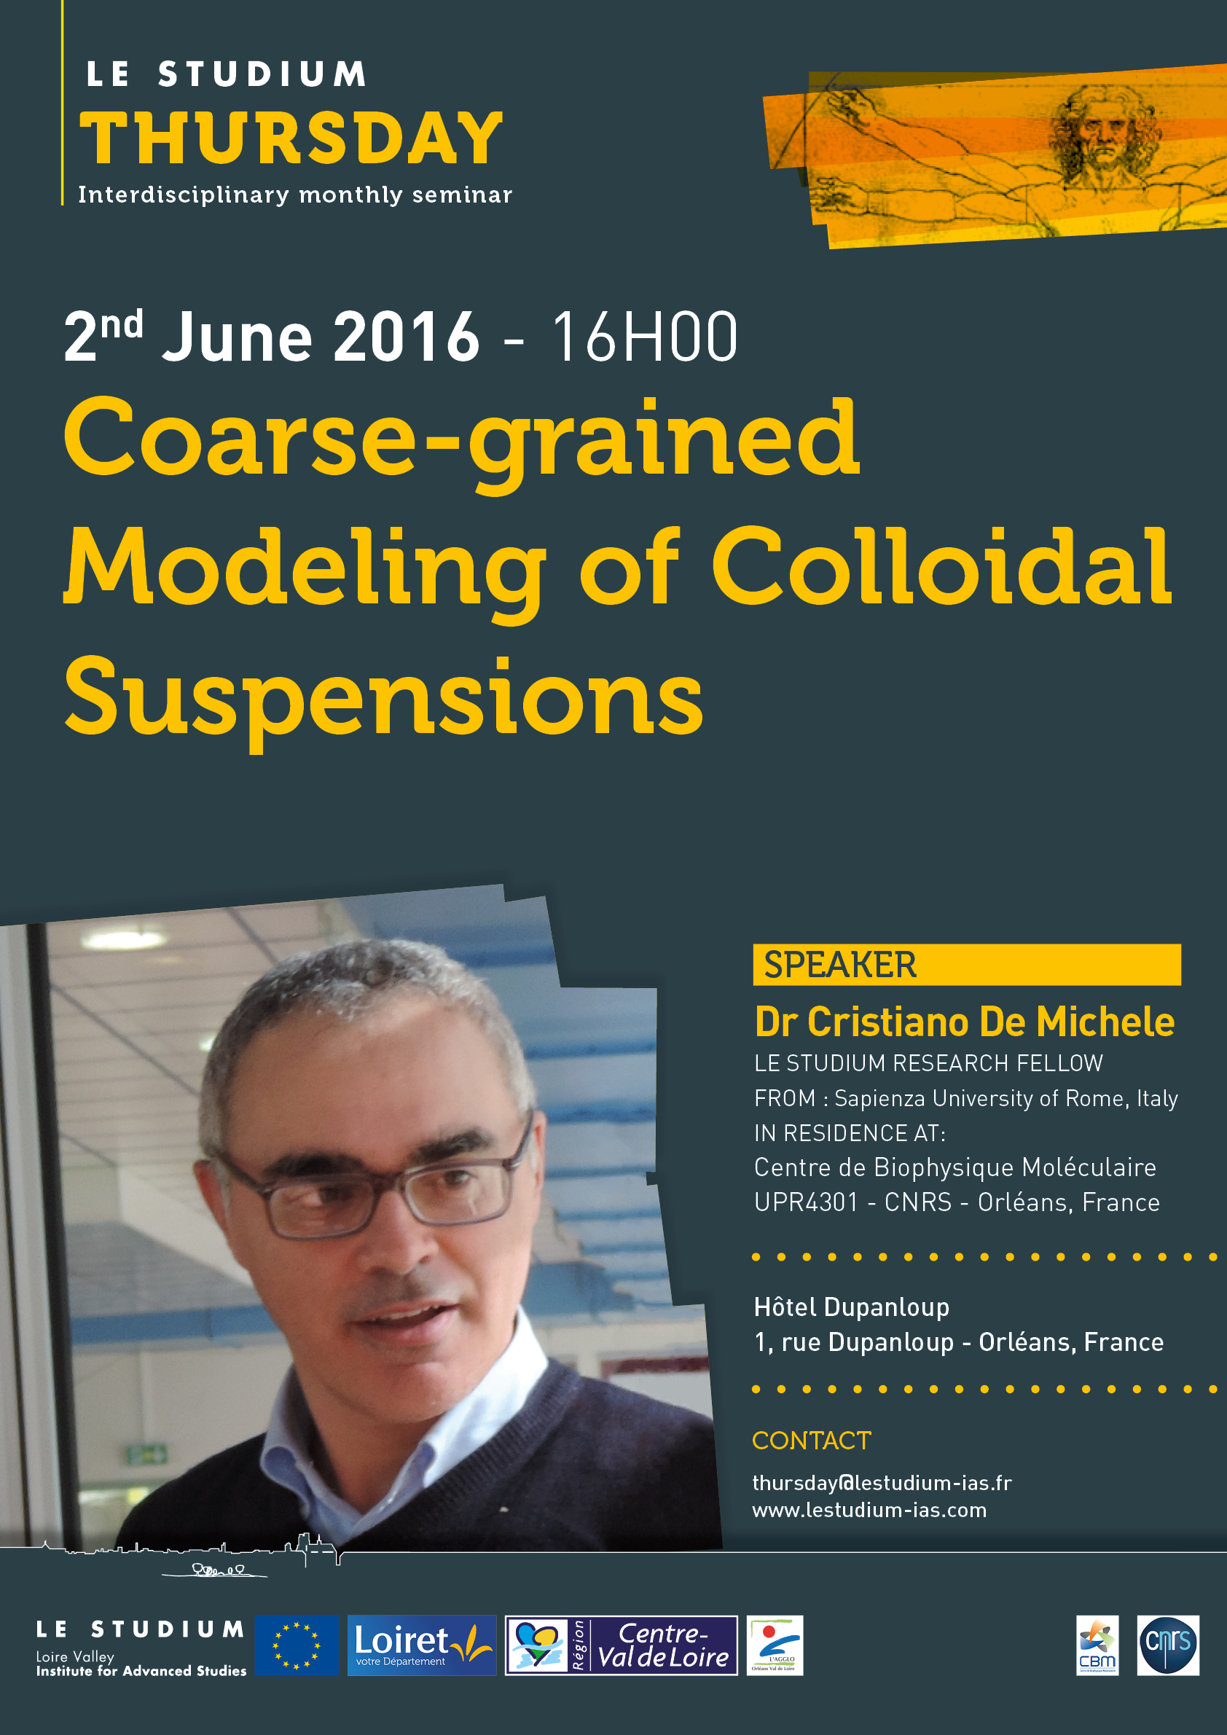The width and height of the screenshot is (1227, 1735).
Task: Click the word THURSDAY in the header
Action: [x=291, y=138]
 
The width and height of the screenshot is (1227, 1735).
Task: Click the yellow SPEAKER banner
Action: [x=966, y=964]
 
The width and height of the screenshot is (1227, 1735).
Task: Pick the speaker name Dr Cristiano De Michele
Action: [x=965, y=1022]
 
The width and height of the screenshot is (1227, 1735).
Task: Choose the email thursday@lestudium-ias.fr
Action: [x=882, y=1483]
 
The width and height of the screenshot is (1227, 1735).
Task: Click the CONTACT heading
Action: [x=812, y=1441]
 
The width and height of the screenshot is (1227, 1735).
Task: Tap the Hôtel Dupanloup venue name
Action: [x=852, y=1307]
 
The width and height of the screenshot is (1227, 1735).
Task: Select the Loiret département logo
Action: [x=422, y=1645]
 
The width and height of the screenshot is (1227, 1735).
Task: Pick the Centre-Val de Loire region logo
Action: [x=621, y=1645]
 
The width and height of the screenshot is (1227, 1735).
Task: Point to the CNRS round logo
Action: [x=1168, y=1645]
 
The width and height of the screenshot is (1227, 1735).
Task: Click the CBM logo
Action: [x=1097, y=1645]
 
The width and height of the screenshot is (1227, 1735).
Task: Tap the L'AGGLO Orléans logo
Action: [x=775, y=1645]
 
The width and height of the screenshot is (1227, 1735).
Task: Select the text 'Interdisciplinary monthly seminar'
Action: [x=295, y=195]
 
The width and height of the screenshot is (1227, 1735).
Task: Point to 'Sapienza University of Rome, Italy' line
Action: [x=1006, y=1098]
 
